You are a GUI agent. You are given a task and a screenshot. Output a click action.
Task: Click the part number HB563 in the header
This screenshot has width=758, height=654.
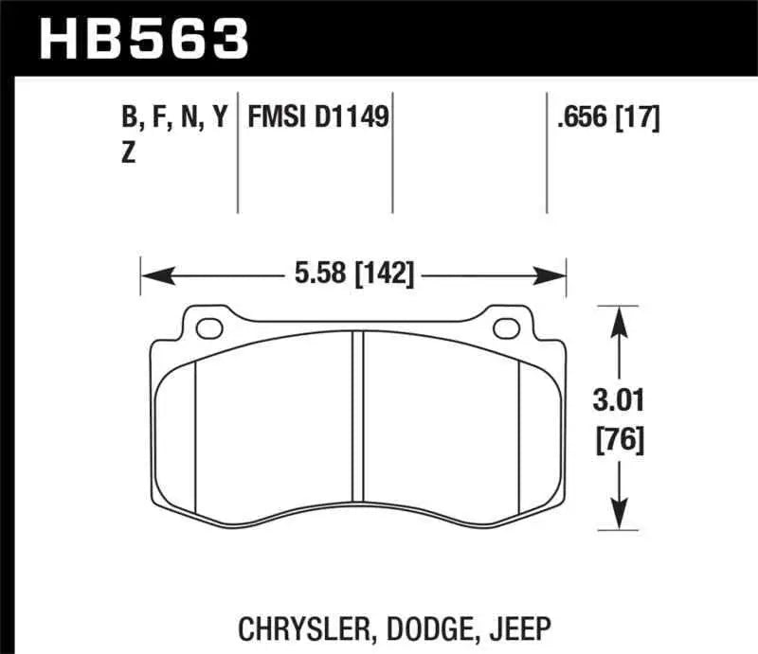click(x=143, y=39)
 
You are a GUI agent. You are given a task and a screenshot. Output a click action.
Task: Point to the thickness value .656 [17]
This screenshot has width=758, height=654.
click(x=608, y=118)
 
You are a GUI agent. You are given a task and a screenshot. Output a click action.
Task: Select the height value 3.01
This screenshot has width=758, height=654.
click(x=620, y=401)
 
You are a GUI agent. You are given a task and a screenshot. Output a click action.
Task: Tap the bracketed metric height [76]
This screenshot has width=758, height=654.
click(x=621, y=440)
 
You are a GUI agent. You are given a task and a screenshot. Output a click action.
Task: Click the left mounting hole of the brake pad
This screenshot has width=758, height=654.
click(x=206, y=328)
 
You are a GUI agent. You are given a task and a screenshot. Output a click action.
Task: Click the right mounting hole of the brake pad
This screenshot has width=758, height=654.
click(x=505, y=328)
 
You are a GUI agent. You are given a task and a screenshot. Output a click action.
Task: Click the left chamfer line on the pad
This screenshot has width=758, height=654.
click(x=193, y=435)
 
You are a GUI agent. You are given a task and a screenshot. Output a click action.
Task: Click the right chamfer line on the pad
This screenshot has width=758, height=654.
click(x=520, y=435)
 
